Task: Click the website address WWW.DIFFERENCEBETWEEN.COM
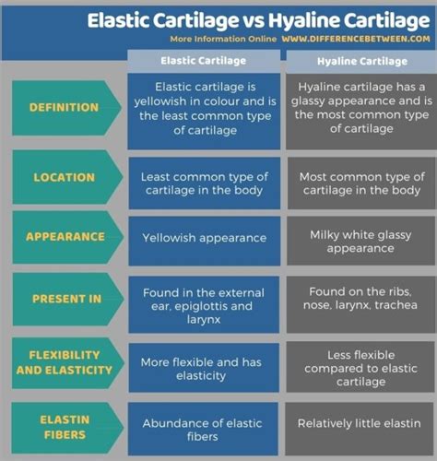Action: (356, 39)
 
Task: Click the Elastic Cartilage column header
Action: (204, 61)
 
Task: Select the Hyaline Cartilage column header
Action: (362, 61)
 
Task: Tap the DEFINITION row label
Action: (64, 108)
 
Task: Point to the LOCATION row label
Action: (65, 177)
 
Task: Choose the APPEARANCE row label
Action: (65, 237)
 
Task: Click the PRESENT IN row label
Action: (66, 299)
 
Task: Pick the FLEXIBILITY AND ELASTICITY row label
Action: (65, 362)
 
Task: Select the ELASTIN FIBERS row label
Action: (65, 427)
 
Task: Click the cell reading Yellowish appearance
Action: (205, 241)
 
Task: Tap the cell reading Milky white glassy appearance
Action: (360, 241)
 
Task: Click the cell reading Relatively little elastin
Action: (359, 429)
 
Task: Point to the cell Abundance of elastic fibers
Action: (203, 429)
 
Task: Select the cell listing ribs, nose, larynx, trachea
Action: (360, 304)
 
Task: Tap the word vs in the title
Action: (254, 21)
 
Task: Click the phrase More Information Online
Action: (223, 39)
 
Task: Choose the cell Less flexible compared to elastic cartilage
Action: (360, 368)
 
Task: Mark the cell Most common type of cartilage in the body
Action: (361, 183)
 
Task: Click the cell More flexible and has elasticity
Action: (204, 368)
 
